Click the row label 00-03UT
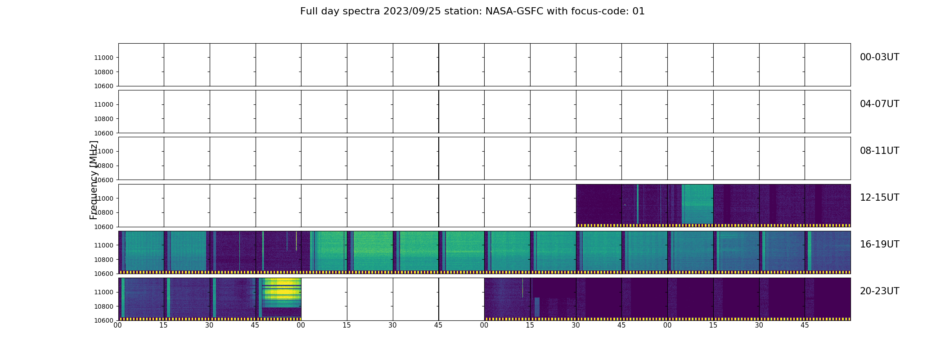click(x=879, y=57)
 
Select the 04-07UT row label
click(x=879, y=104)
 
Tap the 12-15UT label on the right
click(x=879, y=198)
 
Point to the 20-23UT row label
click(x=879, y=291)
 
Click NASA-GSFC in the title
click(x=513, y=11)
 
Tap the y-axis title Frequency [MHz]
click(x=94, y=180)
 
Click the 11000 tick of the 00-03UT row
click(x=103, y=58)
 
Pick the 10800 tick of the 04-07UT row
click(x=103, y=119)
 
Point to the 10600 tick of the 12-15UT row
click(x=103, y=227)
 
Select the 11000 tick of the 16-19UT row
click(x=103, y=245)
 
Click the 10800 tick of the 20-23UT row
click(x=103, y=306)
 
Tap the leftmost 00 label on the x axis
click(x=118, y=325)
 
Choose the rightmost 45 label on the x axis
click(x=805, y=325)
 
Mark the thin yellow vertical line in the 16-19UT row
click(x=296, y=241)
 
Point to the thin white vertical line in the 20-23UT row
click(x=522, y=288)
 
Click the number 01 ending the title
click(x=639, y=11)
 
